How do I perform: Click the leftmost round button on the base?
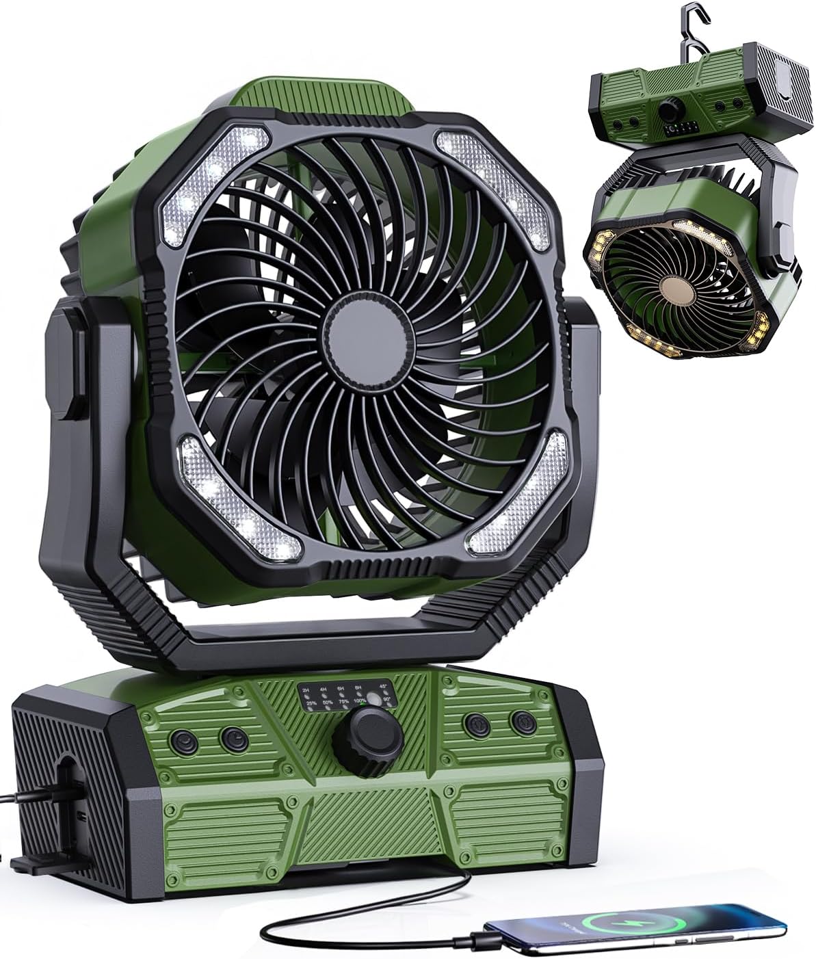[183, 739]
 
